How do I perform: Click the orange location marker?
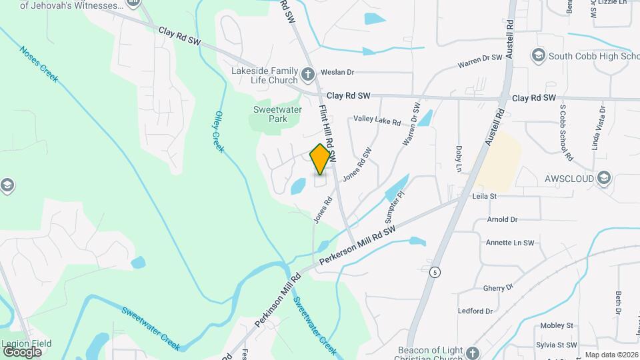point(321,159)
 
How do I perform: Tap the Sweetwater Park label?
point(269,114)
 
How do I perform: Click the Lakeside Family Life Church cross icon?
point(307,74)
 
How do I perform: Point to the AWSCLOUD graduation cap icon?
point(604,177)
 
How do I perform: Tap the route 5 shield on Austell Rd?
point(435,272)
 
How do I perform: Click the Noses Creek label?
point(39,64)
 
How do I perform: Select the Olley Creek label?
point(218,131)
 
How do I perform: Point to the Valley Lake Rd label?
point(377,120)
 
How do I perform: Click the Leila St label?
point(485,197)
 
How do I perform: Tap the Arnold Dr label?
point(502,219)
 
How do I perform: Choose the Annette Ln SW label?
point(510,243)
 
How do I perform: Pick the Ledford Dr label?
point(475,311)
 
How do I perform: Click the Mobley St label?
point(557,325)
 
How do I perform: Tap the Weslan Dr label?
point(337,72)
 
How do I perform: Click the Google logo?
point(22,351)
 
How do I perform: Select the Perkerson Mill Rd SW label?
point(357,245)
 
